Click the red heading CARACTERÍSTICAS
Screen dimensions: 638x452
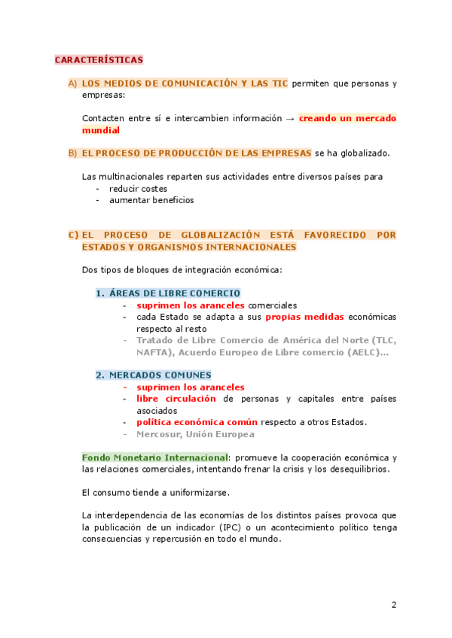coord(98,59)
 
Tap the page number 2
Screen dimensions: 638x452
coord(393,605)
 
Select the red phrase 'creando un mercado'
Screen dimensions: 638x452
coord(347,118)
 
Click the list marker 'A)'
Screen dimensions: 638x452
coord(72,84)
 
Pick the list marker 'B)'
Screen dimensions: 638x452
coord(72,153)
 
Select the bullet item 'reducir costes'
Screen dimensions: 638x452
coord(138,188)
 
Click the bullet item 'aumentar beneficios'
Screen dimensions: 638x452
coord(151,200)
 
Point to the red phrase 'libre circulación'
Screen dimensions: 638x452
coord(176,399)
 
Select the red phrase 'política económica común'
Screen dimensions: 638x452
coord(197,422)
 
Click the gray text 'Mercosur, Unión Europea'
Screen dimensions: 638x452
coord(194,434)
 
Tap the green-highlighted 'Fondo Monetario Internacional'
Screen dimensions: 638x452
coord(154,457)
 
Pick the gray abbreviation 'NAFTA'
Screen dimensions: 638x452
coord(153,351)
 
